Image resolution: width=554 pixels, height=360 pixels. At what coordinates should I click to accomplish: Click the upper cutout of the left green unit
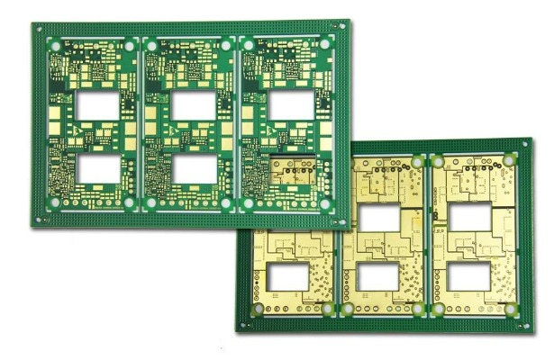[95, 105]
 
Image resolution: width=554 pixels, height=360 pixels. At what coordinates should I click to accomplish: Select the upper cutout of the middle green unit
[193, 105]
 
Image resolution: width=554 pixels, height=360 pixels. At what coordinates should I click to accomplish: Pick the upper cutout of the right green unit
[290, 105]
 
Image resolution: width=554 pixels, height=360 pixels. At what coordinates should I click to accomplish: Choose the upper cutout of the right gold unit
[471, 218]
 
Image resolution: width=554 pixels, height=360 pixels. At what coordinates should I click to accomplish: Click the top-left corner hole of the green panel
[41, 28]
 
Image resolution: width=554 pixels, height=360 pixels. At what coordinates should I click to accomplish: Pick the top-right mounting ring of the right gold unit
[509, 161]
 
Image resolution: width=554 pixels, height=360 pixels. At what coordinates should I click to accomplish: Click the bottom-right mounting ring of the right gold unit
[511, 308]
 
